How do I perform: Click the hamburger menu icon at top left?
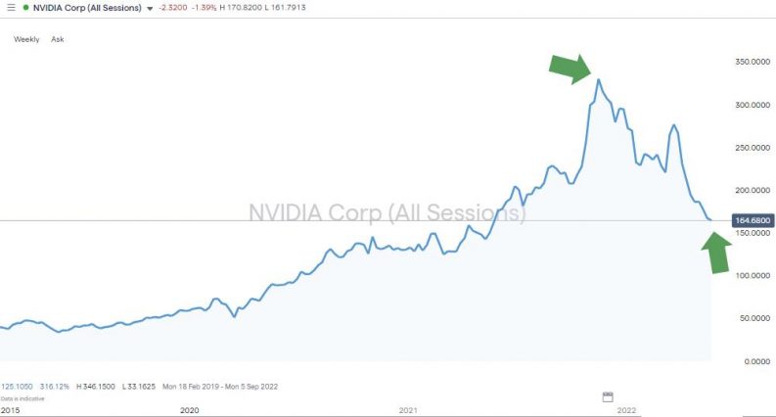[x=9, y=7]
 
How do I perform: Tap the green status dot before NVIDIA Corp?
[x=26, y=7]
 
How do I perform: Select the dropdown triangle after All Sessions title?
[x=150, y=8]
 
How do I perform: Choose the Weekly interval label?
[x=26, y=39]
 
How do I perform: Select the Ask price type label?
[x=57, y=39]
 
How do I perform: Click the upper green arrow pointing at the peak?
[x=570, y=67]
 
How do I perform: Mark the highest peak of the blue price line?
[x=599, y=79]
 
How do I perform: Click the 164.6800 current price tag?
[x=753, y=221]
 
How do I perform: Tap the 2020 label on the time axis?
[x=189, y=409]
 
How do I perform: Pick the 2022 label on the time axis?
[x=626, y=409]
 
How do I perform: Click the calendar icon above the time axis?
[x=607, y=396]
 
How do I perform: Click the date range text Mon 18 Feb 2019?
[x=191, y=387]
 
